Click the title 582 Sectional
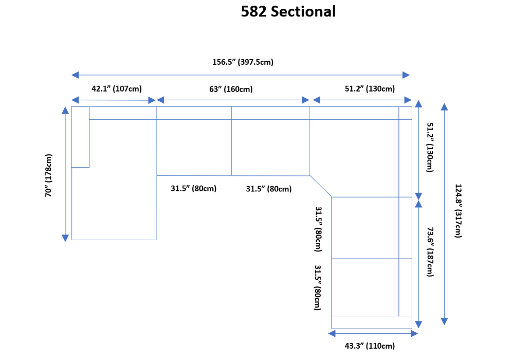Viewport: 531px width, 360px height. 288,12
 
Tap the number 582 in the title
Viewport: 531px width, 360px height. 254,12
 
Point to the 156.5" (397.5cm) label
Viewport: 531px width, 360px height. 243,62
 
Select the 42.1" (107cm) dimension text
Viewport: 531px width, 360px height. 117,88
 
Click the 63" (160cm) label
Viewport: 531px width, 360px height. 231,89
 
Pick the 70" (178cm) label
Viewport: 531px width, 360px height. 49,175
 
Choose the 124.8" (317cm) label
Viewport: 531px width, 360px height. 458,211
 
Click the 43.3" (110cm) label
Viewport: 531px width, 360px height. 370,346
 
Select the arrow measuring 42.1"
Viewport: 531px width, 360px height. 114,100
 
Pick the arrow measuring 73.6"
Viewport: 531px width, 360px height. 419,263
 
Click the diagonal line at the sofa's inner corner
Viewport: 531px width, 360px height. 320,186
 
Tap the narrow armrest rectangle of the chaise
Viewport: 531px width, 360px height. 80,137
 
